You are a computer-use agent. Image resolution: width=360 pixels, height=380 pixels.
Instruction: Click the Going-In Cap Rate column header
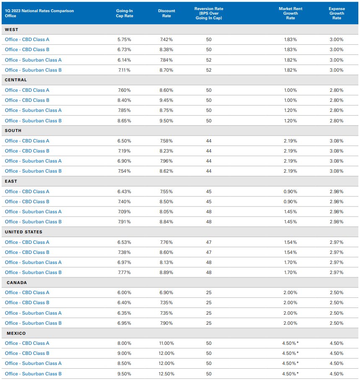[x=124, y=13]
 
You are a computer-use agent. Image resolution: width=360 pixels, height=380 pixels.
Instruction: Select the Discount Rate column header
[x=166, y=13]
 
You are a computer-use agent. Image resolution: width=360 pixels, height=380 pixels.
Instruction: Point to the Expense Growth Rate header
[x=337, y=13]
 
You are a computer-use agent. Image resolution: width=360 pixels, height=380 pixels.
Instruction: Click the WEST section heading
[x=12, y=29]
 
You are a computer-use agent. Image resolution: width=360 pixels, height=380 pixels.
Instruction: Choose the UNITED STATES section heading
[x=23, y=232]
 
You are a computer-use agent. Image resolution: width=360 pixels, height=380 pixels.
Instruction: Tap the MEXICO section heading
[x=16, y=333]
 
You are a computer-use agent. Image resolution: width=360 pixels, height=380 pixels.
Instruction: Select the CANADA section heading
[x=17, y=282]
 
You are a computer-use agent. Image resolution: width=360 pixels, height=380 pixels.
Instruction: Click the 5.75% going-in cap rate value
[x=124, y=39]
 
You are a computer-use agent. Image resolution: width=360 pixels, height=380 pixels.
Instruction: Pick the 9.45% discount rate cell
[x=166, y=100]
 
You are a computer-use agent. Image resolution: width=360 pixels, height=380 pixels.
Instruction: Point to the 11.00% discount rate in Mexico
[x=166, y=343]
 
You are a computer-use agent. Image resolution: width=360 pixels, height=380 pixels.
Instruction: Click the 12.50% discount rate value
[x=166, y=374]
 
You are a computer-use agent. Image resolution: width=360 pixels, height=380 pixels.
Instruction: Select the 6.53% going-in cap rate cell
[x=124, y=242]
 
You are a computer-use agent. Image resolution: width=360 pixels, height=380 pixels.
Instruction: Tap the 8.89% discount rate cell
[x=166, y=272]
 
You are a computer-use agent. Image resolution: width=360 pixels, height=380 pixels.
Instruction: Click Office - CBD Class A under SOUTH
[x=27, y=141]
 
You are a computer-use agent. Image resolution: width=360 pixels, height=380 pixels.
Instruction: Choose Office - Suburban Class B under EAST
[x=33, y=222]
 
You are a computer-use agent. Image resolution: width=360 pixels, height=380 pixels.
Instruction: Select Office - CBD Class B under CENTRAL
[x=27, y=100]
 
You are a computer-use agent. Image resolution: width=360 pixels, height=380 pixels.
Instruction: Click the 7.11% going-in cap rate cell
[x=124, y=70]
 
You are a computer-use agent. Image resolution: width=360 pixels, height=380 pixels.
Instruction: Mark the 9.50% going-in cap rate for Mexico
[x=124, y=374]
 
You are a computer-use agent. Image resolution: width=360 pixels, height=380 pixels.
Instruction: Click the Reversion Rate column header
[x=208, y=13]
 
